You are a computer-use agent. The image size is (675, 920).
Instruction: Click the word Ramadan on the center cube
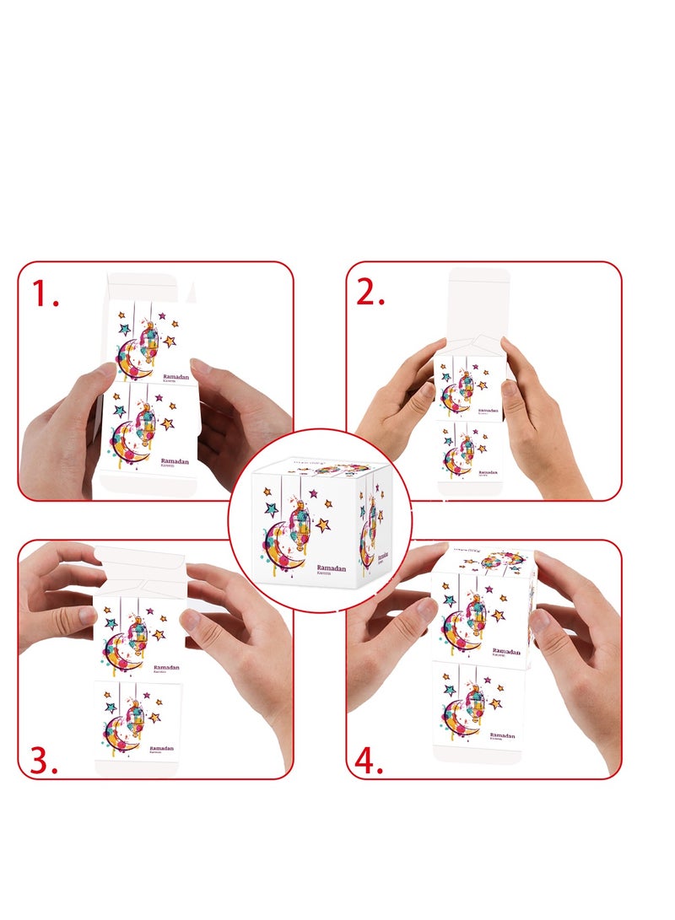click(332, 568)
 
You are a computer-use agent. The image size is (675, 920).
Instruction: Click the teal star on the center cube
click(272, 508)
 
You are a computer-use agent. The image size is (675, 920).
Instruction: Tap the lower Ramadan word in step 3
click(162, 748)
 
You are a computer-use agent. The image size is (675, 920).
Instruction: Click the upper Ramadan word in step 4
click(506, 652)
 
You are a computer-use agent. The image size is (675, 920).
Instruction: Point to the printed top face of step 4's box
click(484, 560)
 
